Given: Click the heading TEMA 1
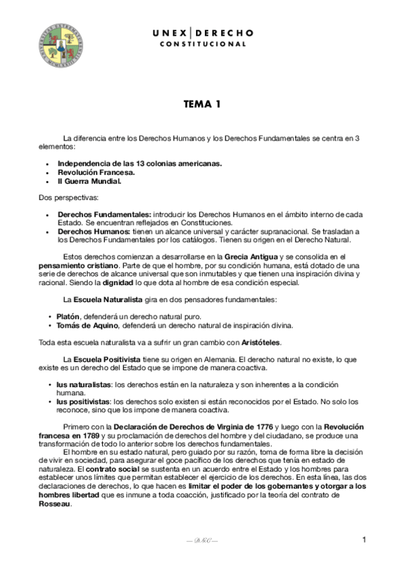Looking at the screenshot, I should tap(202, 105).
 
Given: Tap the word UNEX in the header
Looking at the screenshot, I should tap(170, 32).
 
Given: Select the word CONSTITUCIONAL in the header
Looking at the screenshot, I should tap(202, 44).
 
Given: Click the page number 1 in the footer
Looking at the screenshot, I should tap(364, 539).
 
